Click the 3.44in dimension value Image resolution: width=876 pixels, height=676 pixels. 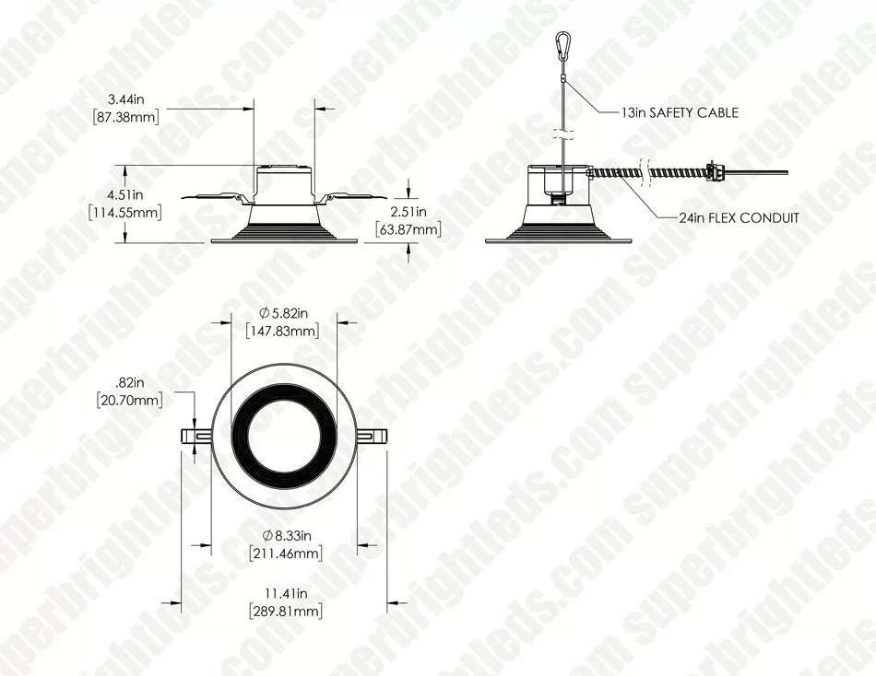click(125, 99)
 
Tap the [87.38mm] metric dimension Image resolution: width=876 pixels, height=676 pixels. click(125, 117)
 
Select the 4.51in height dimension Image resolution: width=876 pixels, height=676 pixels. click(125, 195)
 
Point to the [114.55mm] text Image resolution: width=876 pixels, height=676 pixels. click(125, 212)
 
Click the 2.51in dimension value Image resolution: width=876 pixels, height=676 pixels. click(408, 212)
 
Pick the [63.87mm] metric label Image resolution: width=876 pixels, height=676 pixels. click(408, 229)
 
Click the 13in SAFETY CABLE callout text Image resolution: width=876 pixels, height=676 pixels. click(680, 112)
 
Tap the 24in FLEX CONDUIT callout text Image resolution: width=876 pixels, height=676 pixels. click(739, 217)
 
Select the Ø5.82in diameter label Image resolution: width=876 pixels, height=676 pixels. click(283, 312)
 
